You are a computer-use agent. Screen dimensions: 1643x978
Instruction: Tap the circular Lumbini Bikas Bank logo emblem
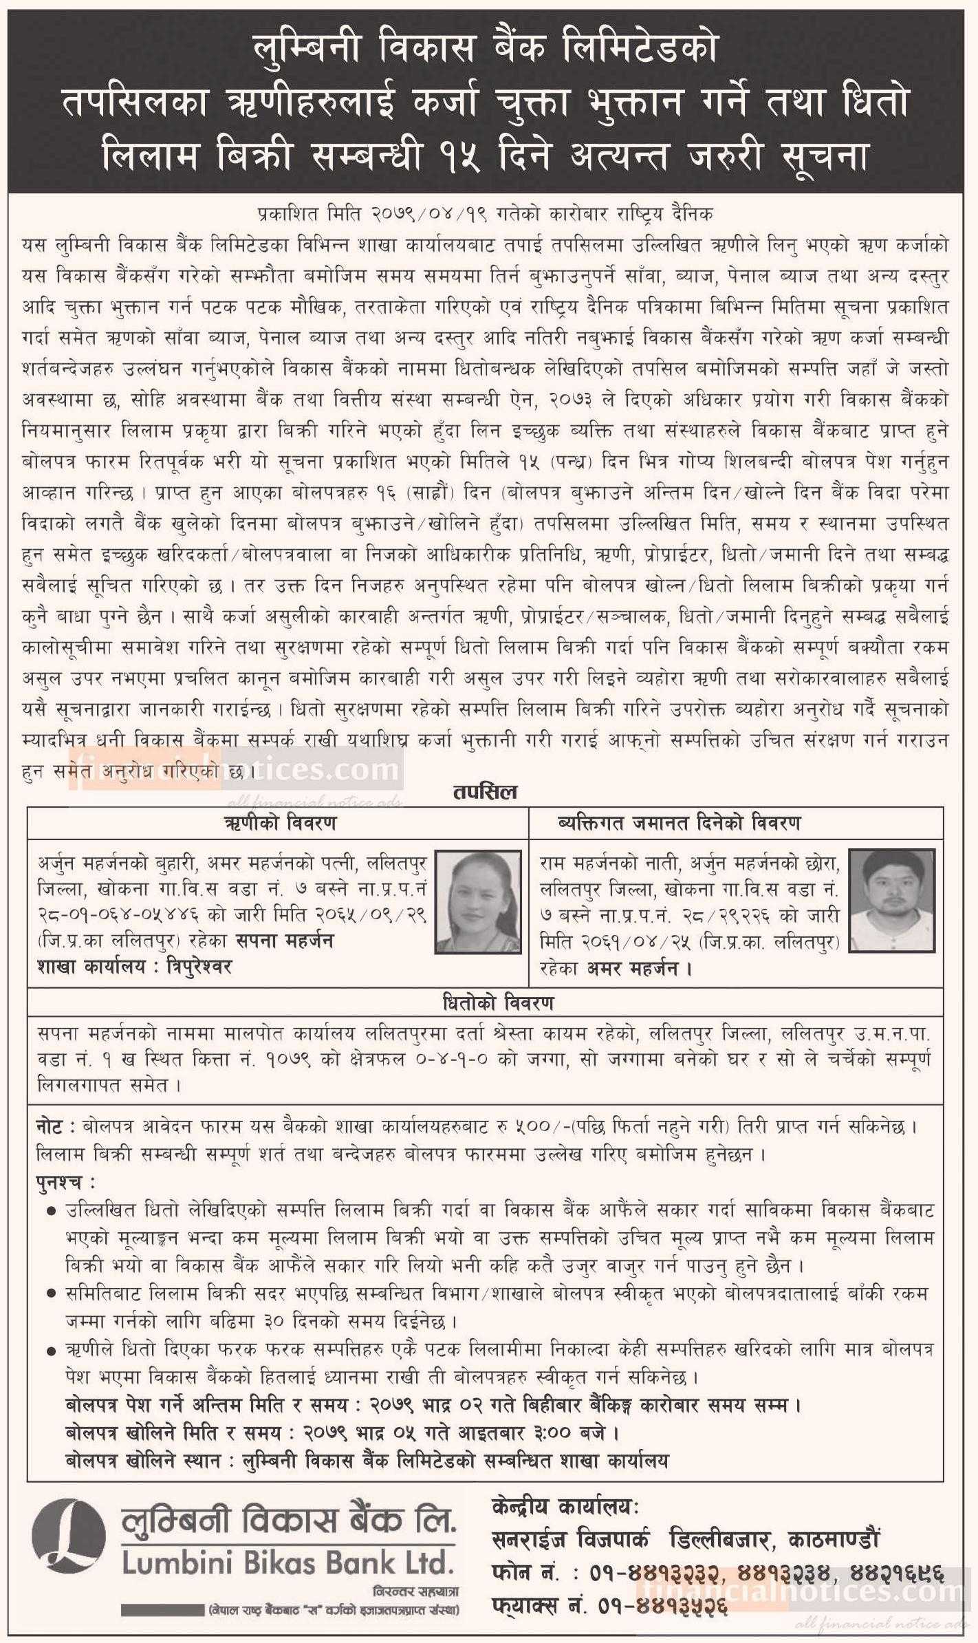[69, 1541]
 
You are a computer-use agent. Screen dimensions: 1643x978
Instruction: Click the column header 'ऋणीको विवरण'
[279, 823]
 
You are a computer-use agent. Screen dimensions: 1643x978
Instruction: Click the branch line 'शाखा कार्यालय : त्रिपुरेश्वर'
[134, 967]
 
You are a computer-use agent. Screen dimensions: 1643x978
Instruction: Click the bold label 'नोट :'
[57, 1126]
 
